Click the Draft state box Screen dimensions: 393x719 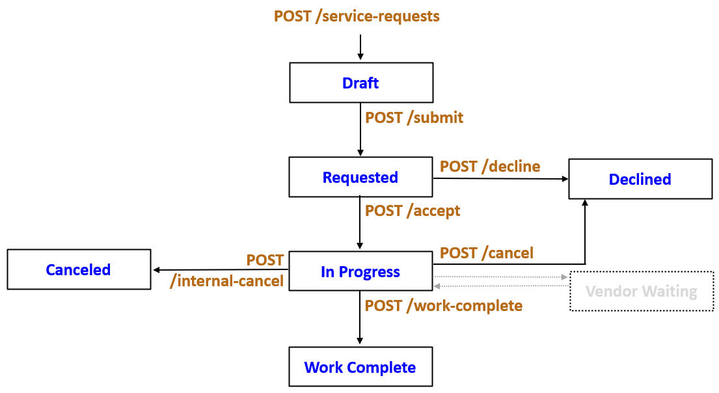click(360, 83)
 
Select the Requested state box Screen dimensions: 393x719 click(360, 177)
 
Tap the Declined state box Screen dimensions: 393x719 click(640, 179)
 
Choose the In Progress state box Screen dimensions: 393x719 click(360, 271)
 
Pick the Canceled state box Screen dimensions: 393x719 click(78, 269)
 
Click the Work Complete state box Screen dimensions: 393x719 click(360, 367)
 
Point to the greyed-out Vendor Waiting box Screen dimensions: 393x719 click(641, 291)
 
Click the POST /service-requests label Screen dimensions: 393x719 click(357, 16)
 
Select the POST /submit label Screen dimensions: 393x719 click(414, 118)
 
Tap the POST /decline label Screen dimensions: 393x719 click(490, 166)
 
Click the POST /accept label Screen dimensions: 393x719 click(413, 211)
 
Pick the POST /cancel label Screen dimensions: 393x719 click(487, 252)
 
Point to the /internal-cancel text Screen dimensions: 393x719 click(226, 281)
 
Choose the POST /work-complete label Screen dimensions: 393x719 click(444, 305)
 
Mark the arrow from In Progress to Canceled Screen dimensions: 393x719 click(221, 269)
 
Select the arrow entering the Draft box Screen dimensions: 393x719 click(360, 48)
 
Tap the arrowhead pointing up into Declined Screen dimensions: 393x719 click(585, 204)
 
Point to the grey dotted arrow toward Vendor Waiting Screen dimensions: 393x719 click(501, 277)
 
